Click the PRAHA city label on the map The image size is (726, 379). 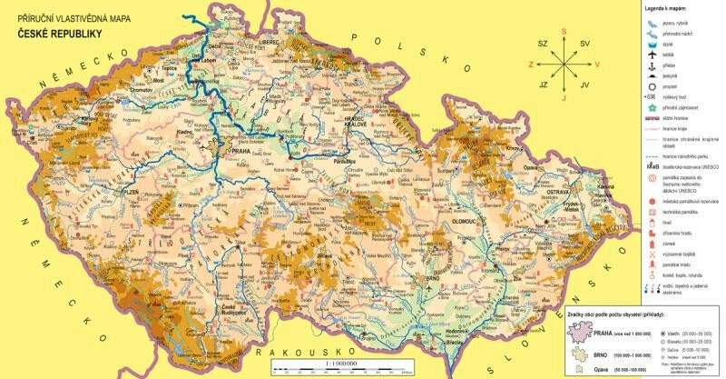click(240, 152)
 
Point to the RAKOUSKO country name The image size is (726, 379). click(299, 351)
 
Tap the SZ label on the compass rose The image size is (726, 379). click(543, 43)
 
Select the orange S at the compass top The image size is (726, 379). click(564, 31)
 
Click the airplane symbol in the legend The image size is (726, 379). click(652, 55)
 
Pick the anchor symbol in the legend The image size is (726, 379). click(652, 66)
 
